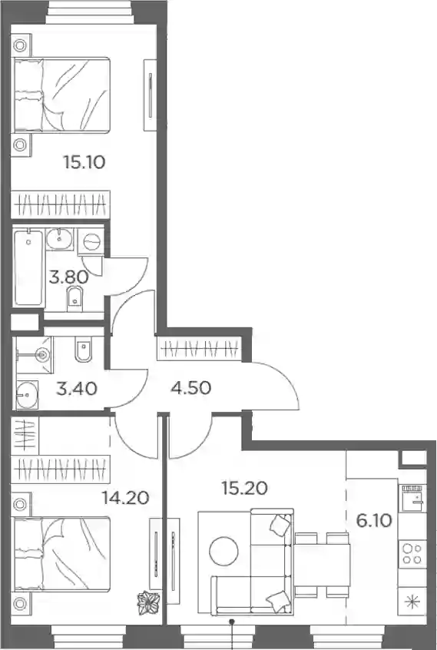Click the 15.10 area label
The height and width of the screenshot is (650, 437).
coord(84,162)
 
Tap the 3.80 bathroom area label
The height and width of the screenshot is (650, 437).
coord(69,277)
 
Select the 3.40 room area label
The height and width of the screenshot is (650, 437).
coord(77,389)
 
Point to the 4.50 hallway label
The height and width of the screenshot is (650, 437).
coord(191,388)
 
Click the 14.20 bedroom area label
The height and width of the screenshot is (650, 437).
coord(125,497)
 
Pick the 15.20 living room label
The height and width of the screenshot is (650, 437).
coord(244,489)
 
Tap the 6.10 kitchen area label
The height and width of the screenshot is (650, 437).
coord(374,520)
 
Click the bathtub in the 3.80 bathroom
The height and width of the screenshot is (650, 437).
coord(28,268)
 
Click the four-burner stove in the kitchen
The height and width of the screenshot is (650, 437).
coord(412,554)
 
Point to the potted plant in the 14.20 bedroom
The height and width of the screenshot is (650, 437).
coord(149,604)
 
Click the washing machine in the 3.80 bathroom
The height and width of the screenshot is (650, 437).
coord(91,240)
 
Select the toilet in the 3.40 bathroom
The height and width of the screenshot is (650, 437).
coord(84,350)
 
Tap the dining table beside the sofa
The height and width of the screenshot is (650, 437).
coord(322,565)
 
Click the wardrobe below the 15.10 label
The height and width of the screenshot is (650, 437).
coord(61,204)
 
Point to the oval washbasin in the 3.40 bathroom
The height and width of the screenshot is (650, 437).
coord(28,395)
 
